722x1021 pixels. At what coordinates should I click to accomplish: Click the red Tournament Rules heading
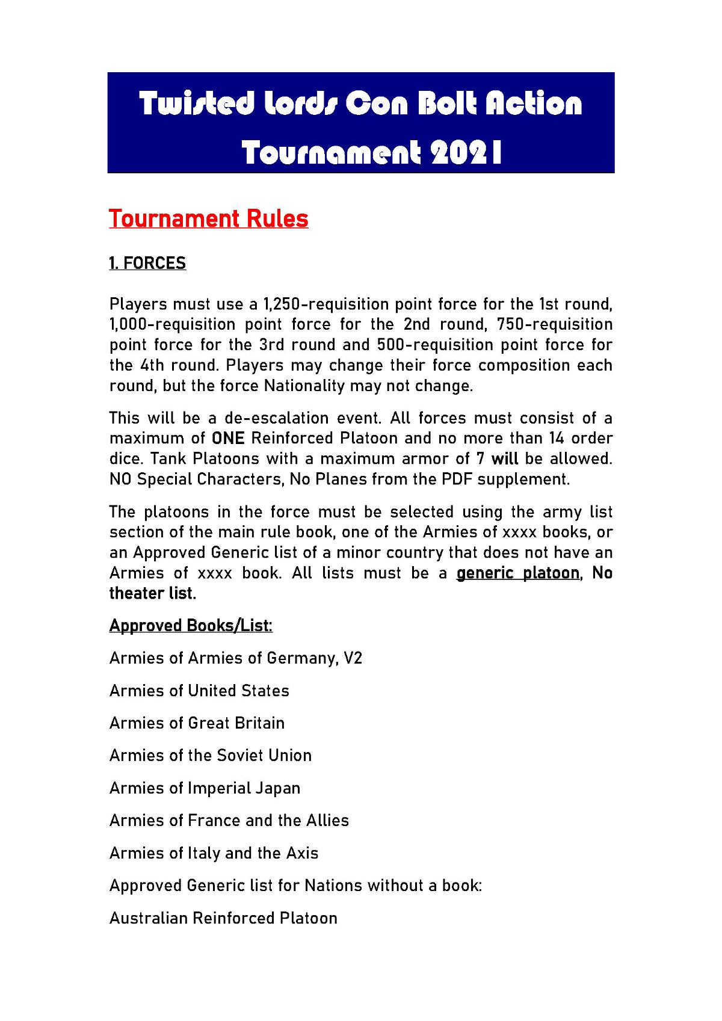(x=208, y=218)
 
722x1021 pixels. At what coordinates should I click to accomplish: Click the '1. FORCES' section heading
(x=147, y=264)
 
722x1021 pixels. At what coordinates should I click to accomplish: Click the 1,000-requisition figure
(x=164, y=324)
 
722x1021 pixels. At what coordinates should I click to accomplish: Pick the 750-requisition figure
(x=555, y=324)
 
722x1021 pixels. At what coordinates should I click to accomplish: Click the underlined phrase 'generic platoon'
(x=517, y=573)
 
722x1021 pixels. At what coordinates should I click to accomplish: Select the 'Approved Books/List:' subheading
(x=191, y=626)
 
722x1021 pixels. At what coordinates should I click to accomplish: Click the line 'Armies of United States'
(x=199, y=691)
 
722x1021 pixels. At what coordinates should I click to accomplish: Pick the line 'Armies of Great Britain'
(x=197, y=723)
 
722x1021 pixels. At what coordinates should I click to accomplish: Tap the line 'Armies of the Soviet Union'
(x=211, y=756)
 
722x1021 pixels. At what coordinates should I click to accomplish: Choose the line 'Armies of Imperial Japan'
(x=205, y=788)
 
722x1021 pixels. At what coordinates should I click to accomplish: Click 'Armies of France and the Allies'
(x=229, y=821)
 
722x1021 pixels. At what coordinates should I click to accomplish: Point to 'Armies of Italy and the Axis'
(x=214, y=853)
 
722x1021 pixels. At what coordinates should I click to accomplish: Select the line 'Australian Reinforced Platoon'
(x=223, y=918)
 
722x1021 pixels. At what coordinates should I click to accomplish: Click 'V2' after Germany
(x=353, y=658)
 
